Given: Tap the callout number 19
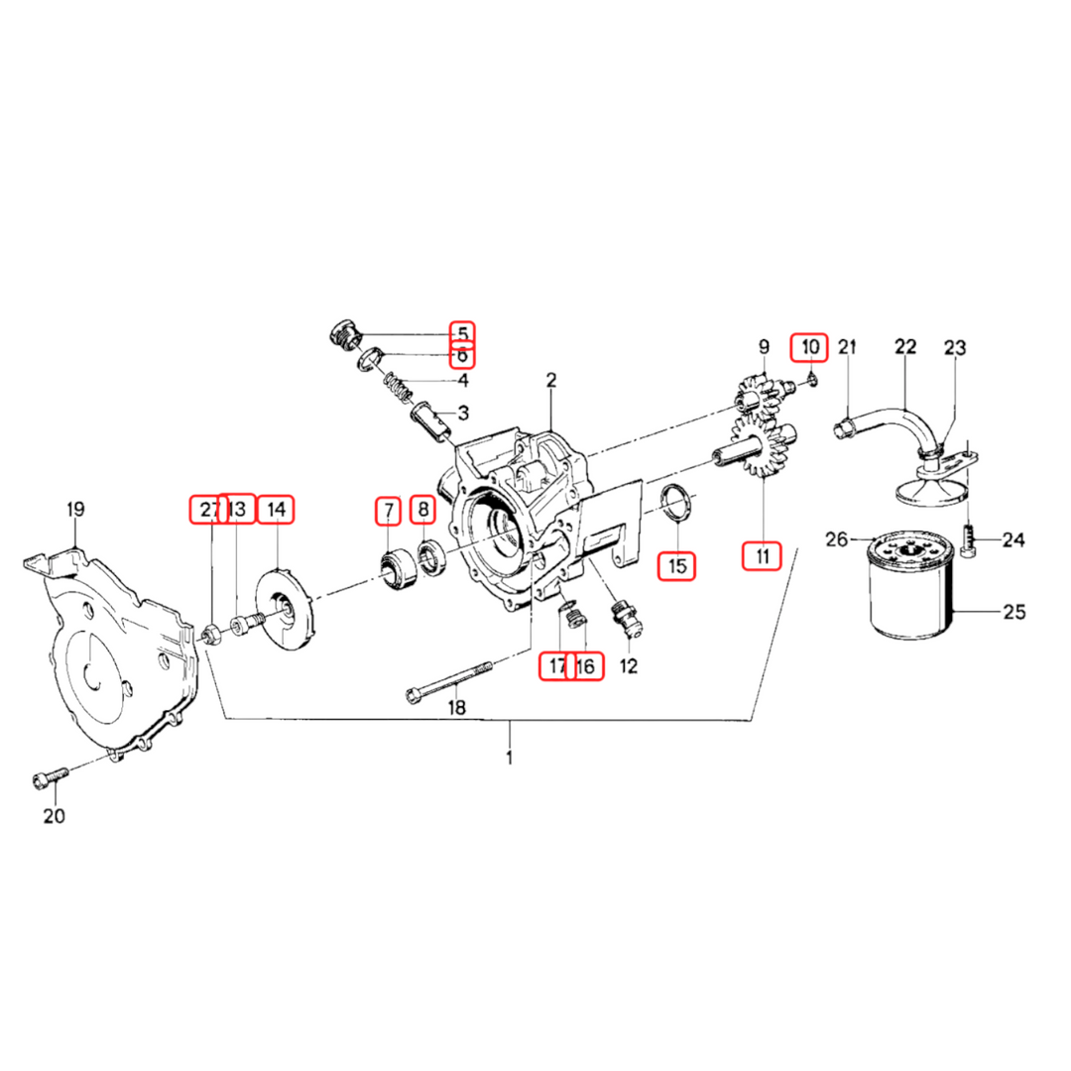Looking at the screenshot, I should pyautogui.click(x=75, y=511).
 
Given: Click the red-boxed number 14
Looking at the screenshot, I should pyautogui.click(x=276, y=510).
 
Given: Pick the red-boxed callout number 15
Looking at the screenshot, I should pyautogui.click(x=677, y=566).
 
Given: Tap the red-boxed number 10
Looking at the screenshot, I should pyautogui.click(x=811, y=347).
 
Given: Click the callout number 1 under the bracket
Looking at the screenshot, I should pyautogui.click(x=510, y=759).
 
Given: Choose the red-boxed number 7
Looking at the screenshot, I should pyautogui.click(x=388, y=510).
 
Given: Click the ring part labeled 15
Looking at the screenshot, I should pyautogui.click(x=677, y=501).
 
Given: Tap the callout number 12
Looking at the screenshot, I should pyautogui.click(x=629, y=665).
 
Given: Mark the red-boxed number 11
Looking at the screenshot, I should pyautogui.click(x=763, y=556).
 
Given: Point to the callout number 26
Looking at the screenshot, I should pyautogui.click(x=838, y=539).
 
